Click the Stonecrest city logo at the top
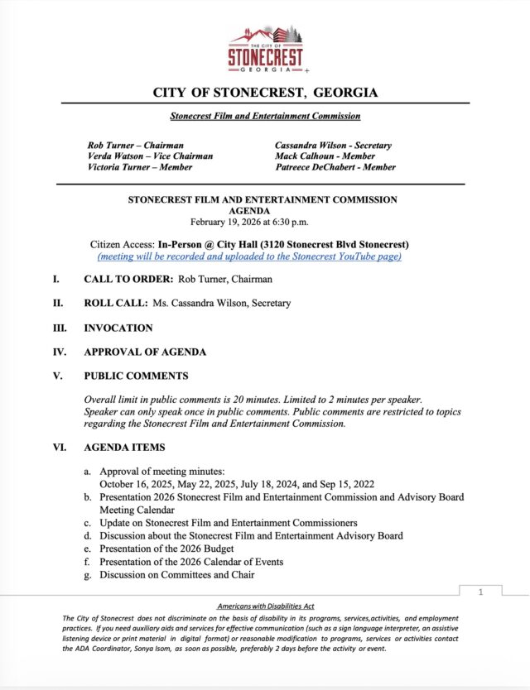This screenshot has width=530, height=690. click(x=265, y=49)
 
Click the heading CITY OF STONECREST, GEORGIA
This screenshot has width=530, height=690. click(x=265, y=92)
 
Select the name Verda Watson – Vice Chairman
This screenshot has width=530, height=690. click(x=150, y=156)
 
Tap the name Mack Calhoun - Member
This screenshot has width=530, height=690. click(x=325, y=156)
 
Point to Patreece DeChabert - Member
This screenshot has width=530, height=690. click(x=335, y=167)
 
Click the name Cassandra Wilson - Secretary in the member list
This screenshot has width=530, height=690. click(x=333, y=145)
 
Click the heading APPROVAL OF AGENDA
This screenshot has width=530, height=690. click(x=145, y=352)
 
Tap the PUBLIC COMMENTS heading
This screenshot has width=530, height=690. click(x=136, y=376)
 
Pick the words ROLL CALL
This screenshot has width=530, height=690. click(x=115, y=304)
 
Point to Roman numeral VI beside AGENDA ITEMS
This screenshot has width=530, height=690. click(x=59, y=448)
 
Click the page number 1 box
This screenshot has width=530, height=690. click(x=480, y=592)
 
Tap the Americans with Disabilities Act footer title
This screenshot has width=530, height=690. click(x=265, y=607)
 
